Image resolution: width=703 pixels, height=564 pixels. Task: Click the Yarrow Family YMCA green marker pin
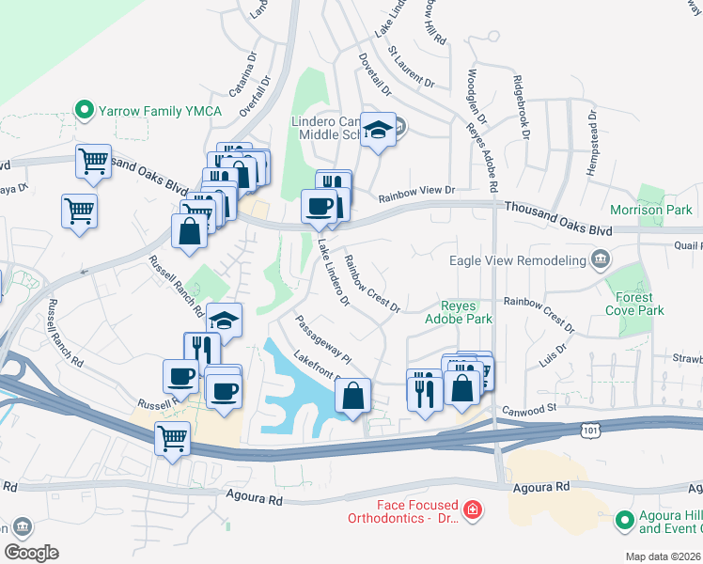(84, 111)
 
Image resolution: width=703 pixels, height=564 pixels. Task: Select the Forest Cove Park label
(634, 303)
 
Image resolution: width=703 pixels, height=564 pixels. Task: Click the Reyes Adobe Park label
(467, 312)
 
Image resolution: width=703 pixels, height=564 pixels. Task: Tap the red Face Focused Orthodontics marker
(473, 510)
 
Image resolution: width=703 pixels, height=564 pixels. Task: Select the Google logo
(31, 552)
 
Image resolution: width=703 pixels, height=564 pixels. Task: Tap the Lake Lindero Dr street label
(333, 273)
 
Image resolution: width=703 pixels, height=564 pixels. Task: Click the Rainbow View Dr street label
(416, 195)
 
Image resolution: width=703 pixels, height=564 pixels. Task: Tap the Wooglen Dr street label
(476, 97)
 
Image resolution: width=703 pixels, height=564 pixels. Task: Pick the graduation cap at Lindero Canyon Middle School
(378, 132)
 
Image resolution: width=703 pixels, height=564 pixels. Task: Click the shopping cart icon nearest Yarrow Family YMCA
(94, 162)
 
